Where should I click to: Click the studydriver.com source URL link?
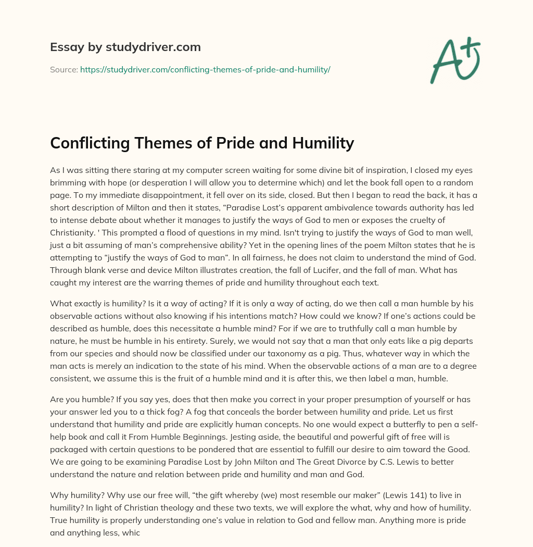pyautogui.click(x=205, y=69)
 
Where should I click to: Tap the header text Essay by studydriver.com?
pyautogui.click(x=125, y=47)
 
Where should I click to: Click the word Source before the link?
pyautogui.click(x=64, y=69)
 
